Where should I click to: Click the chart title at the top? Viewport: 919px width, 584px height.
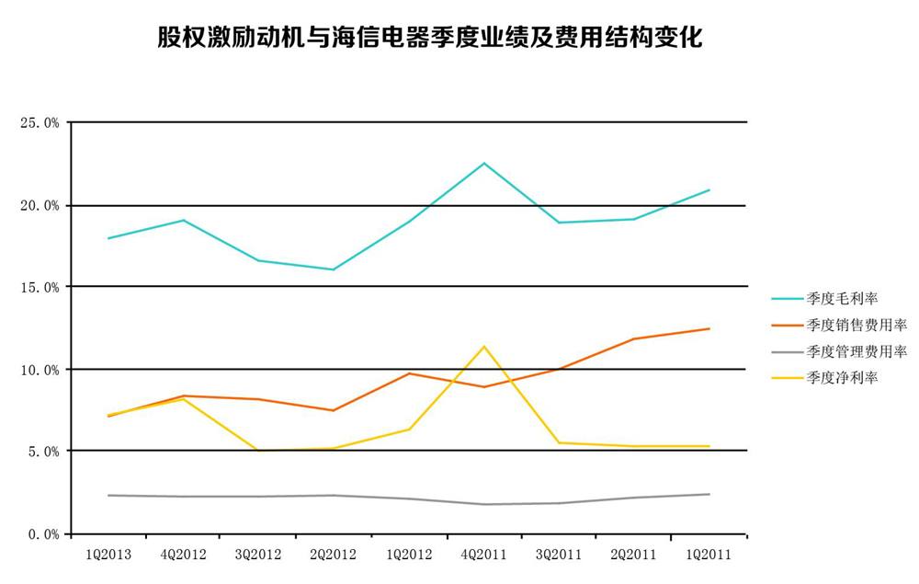(x=429, y=38)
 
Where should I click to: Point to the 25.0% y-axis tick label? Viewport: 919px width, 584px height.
(x=39, y=122)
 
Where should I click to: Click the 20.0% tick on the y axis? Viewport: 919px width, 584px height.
(x=39, y=205)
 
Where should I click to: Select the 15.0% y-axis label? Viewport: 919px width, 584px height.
(x=39, y=287)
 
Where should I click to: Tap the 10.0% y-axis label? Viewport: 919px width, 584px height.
(x=39, y=370)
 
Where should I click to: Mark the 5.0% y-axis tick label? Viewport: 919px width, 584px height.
(x=41, y=452)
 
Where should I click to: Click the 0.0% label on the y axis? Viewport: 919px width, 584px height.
(x=41, y=533)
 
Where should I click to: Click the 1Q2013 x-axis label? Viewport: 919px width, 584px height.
(x=108, y=555)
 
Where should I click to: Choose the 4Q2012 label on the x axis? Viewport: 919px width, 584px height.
(x=184, y=555)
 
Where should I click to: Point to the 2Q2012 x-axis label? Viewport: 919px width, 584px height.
(x=334, y=555)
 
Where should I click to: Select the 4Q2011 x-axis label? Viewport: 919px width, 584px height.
(x=483, y=555)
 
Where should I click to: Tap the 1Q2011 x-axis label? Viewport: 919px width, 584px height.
(x=709, y=555)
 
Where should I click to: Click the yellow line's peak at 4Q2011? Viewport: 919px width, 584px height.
(x=483, y=347)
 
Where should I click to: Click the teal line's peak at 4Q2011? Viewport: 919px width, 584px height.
(x=484, y=164)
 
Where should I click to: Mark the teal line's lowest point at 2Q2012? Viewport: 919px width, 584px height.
(x=334, y=269)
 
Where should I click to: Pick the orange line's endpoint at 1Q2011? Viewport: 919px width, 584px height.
(x=709, y=328)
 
